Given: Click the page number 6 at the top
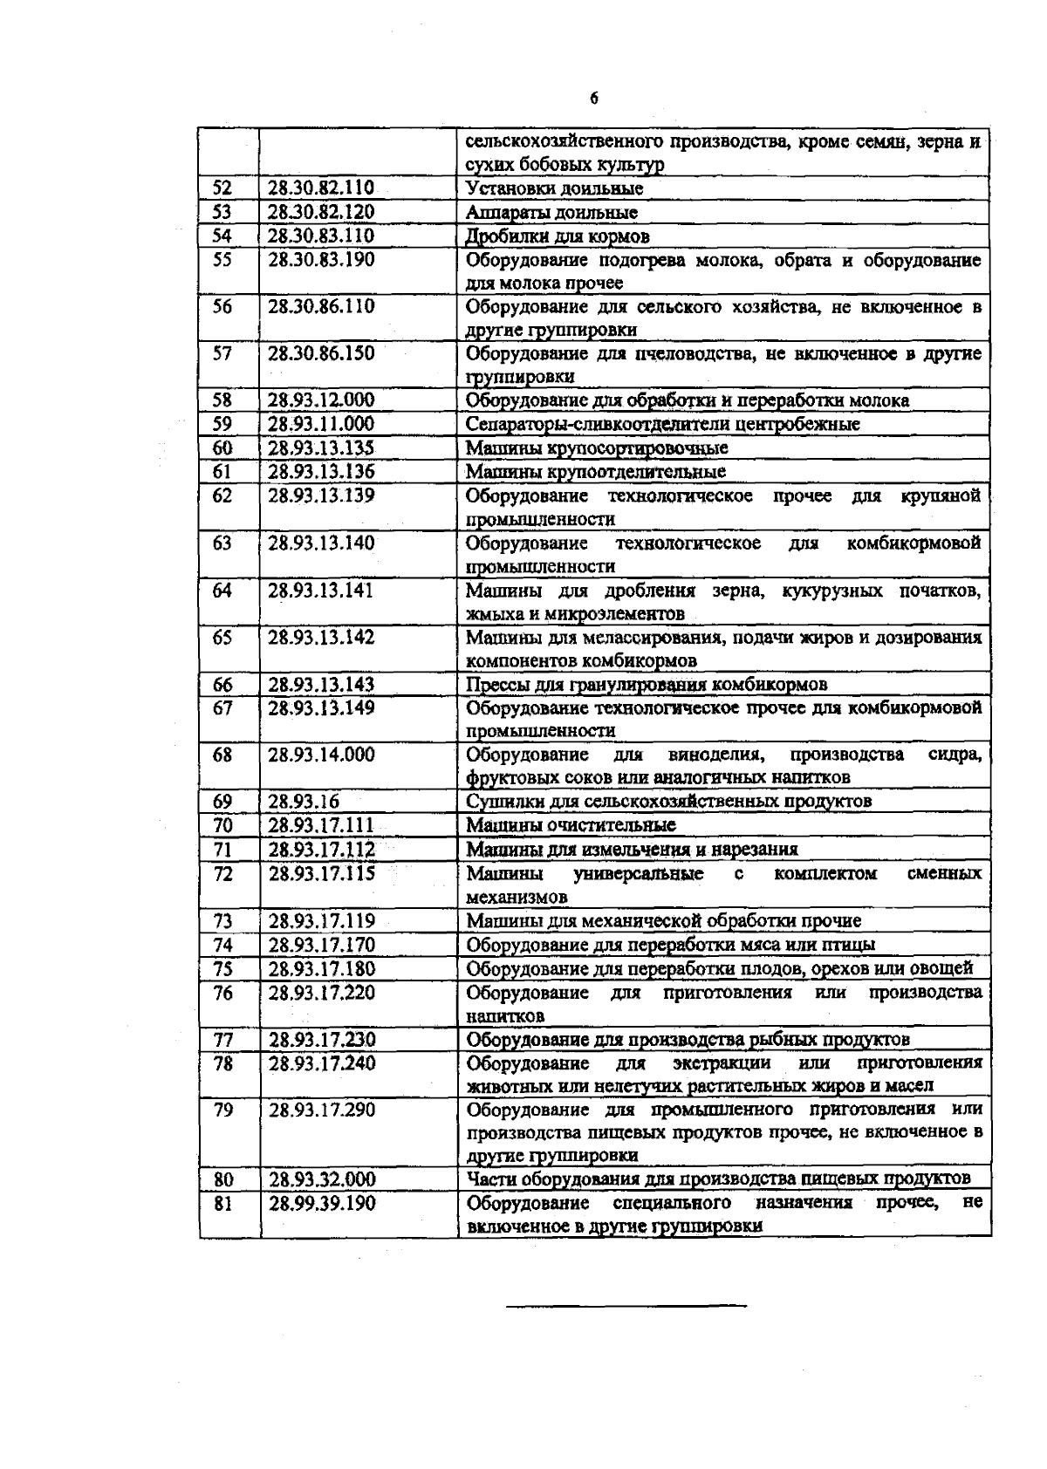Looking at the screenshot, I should click(593, 99).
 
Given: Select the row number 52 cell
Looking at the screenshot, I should click(223, 188).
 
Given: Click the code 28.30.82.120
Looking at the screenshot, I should click(320, 212).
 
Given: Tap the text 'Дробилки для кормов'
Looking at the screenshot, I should click(558, 236).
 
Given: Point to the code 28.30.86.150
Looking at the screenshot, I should click(320, 353).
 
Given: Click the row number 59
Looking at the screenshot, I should click(223, 424).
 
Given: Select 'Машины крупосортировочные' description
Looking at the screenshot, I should click(597, 448).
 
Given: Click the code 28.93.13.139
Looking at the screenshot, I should click(320, 495).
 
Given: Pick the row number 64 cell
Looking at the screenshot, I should click(223, 591).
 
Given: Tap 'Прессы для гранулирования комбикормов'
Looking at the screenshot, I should click(647, 685).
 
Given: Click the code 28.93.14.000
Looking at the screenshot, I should click(320, 755).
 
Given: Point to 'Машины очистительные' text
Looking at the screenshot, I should click(571, 825).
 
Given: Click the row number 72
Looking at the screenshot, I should click(223, 873).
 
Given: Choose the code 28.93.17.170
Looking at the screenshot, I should click(320, 945).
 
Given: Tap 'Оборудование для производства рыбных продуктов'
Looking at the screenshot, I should click(688, 1039).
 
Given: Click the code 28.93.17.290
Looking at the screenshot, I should click(320, 1110).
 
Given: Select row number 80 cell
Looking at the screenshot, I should click(223, 1179).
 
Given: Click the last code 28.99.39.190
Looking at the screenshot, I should click(320, 1203).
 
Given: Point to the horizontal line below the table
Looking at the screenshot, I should click(626, 1306).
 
